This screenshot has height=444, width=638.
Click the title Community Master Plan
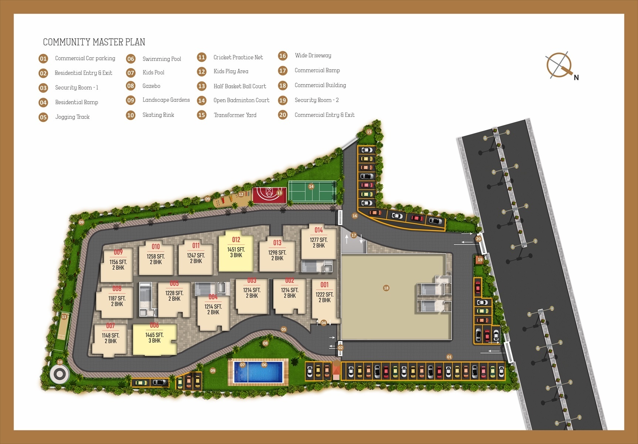[x=94, y=42]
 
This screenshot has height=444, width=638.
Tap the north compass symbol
[x=559, y=65]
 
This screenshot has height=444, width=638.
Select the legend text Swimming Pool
[x=162, y=59]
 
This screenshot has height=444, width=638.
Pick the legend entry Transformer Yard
[x=235, y=115]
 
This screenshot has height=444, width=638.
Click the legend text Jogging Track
[x=72, y=117]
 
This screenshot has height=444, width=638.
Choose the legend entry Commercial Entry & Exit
[x=324, y=115]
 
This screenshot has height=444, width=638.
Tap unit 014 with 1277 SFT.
[x=318, y=242]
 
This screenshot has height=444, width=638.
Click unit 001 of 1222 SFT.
[x=324, y=298]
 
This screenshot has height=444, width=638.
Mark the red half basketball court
[x=269, y=195]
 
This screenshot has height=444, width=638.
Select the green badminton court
[x=312, y=191]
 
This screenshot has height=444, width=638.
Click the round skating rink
[x=60, y=374]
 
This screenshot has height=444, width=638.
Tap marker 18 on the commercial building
[x=386, y=288]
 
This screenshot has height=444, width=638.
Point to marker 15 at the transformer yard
[x=369, y=132]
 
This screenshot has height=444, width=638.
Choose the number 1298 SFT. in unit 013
[x=277, y=253]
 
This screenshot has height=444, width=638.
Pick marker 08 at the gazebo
[x=265, y=343]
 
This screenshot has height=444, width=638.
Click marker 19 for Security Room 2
[x=480, y=260]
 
